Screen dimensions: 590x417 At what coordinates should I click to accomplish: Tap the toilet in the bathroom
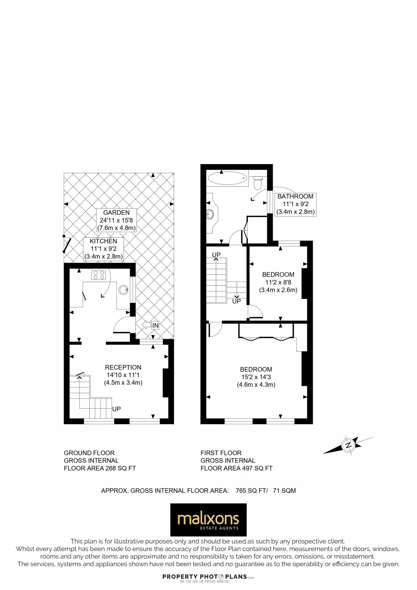click(x=258, y=182)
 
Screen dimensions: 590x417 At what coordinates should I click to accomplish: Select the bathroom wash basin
click(x=210, y=214)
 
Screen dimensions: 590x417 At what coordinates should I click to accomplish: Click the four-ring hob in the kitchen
click(x=98, y=275)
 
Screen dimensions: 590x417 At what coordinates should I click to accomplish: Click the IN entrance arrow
click(x=151, y=325)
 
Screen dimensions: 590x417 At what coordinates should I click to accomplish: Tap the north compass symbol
click(x=348, y=445)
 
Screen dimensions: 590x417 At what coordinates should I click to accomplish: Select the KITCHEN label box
click(x=104, y=249)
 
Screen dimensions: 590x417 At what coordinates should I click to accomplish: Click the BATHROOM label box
click(x=295, y=204)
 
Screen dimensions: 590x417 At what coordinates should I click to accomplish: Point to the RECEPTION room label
click(x=123, y=367)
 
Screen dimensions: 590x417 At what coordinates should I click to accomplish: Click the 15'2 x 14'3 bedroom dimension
click(x=256, y=377)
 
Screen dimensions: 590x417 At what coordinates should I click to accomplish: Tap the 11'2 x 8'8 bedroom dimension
click(x=278, y=282)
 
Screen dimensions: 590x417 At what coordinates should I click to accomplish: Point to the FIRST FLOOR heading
click(x=221, y=453)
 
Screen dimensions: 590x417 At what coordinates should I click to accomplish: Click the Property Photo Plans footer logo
click(x=208, y=577)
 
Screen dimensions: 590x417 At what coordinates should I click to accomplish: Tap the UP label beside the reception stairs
click(x=116, y=409)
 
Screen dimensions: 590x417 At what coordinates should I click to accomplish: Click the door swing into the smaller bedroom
click(x=255, y=312)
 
